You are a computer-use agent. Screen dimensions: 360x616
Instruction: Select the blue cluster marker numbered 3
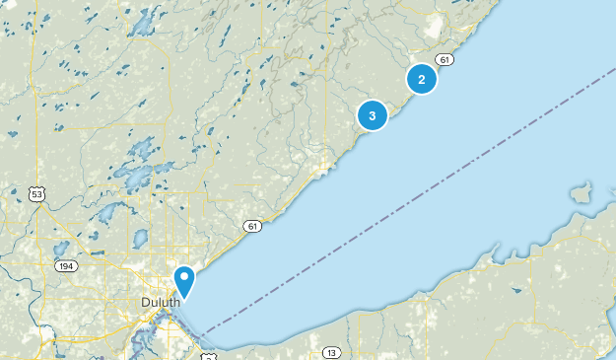pyautogui.click(x=373, y=115)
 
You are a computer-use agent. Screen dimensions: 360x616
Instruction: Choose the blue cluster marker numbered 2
pyautogui.click(x=422, y=79)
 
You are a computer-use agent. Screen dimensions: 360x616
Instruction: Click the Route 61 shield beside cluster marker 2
pyautogui.click(x=446, y=60)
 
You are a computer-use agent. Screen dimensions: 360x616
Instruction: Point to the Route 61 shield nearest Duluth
pyautogui.click(x=253, y=227)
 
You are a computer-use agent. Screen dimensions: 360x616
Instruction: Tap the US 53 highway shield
pyautogui.click(x=37, y=194)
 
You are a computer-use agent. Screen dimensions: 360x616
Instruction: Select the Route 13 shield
pyautogui.click(x=330, y=352)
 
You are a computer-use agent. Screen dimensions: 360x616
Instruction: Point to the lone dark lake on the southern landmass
pyautogui.click(x=516, y=290)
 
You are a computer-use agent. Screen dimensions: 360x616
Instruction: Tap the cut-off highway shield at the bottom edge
pyautogui.click(x=208, y=355)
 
